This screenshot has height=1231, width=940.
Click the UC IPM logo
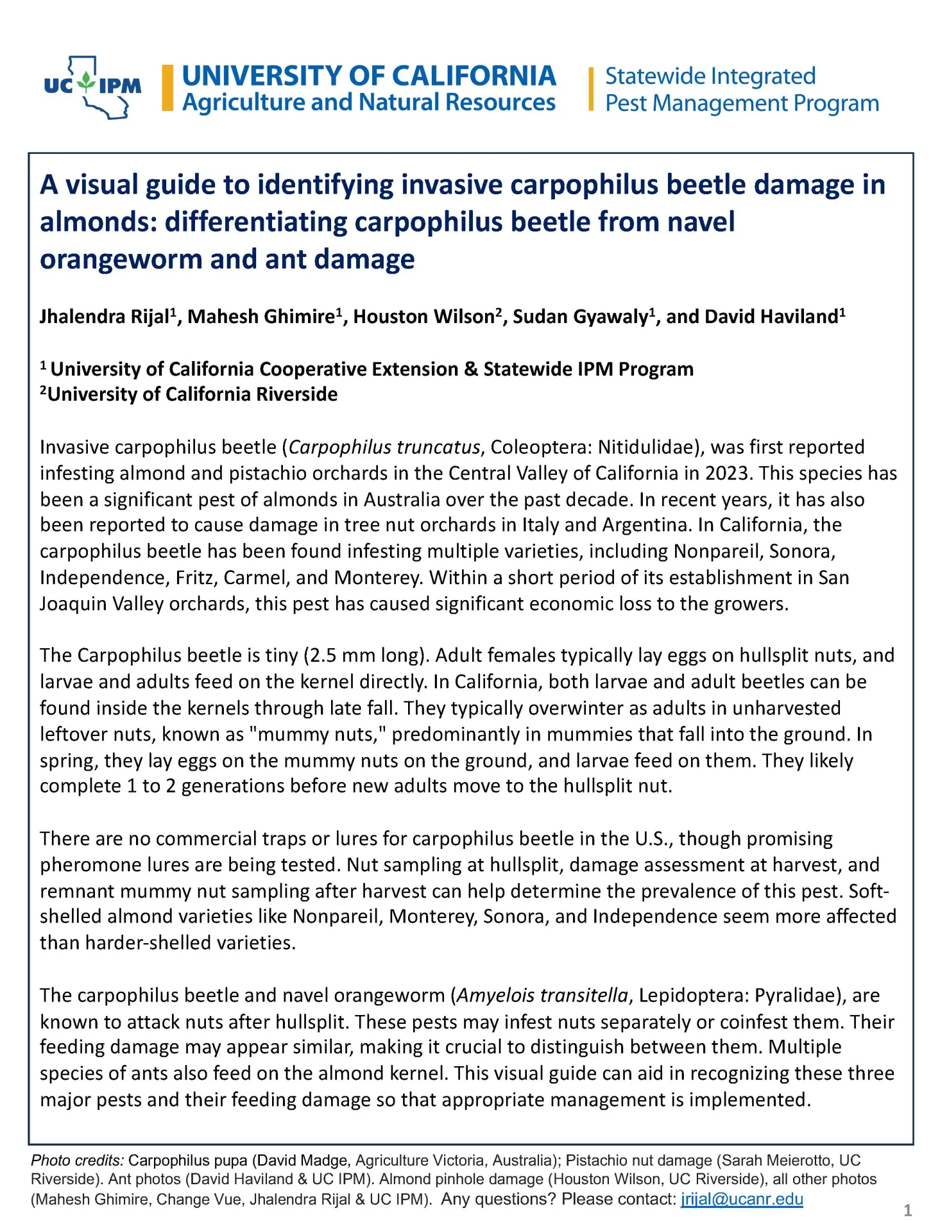pyautogui.click(x=92, y=87)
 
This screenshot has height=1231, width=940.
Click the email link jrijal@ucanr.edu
pyautogui.click(x=741, y=1198)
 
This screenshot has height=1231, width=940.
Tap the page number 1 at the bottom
pyautogui.click(x=907, y=1210)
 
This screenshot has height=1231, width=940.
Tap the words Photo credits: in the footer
pyautogui.click(x=77, y=1160)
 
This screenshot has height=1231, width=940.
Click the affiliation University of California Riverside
pyautogui.click(x=192, y=394)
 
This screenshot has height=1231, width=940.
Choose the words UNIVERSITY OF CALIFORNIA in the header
pyautogui.click(x=369, y=76)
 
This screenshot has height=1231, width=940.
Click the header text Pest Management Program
pyautogui.click(x=742, y=103)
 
